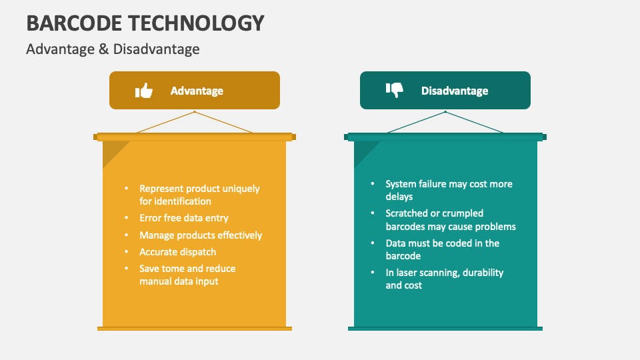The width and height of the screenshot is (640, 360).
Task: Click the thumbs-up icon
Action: [144, 91]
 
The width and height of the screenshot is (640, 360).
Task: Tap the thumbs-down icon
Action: [395, 90]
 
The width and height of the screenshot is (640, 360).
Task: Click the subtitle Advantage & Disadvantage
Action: [113, 49]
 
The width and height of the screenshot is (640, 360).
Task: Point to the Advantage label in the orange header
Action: [197, 91]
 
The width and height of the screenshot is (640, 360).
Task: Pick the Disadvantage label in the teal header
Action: [455, 91]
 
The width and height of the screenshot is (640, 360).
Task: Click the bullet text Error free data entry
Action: [183, 218]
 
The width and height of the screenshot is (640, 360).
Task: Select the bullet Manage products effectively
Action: [201, 235]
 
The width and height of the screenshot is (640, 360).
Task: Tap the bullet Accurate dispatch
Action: [177, 252]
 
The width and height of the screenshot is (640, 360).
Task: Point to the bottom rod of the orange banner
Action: [195, 328]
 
